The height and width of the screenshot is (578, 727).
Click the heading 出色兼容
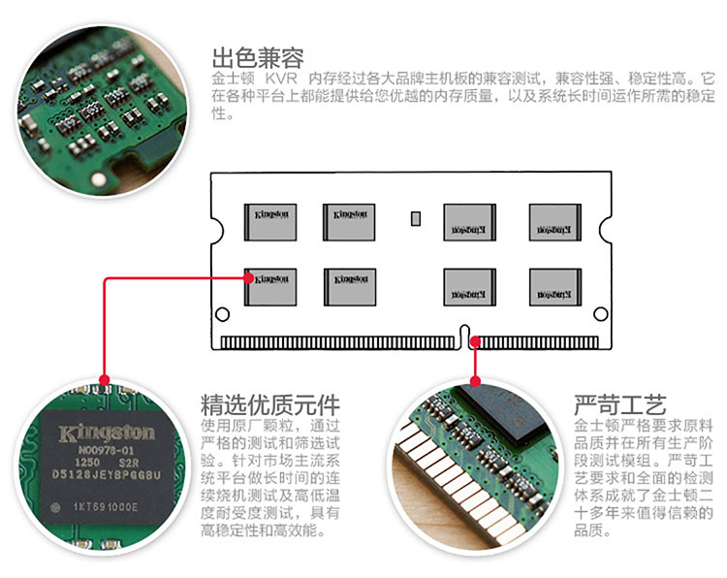(257, 55)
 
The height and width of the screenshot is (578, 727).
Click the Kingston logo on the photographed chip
(107, 432)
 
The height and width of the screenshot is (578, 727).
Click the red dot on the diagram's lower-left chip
(250, 277)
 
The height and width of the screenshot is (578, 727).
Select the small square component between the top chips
(416, 218)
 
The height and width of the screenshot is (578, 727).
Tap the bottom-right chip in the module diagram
(553, 282)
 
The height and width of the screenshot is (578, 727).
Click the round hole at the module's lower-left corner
(222, 314)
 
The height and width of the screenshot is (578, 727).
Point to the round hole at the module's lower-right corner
(602, 314)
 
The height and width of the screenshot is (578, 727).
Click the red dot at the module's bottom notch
(475, 340)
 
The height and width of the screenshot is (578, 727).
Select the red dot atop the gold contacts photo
(475, 379)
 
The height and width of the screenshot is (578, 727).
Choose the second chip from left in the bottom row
(349, 282)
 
